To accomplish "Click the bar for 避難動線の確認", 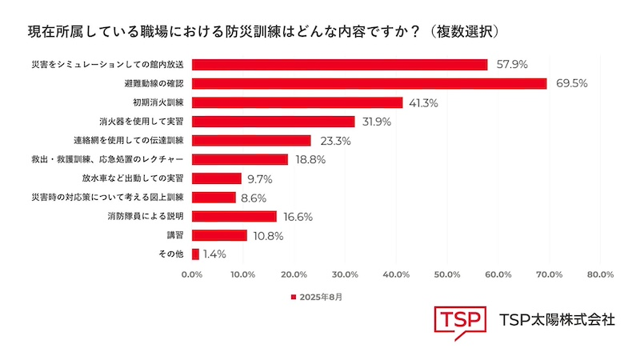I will point(369,83).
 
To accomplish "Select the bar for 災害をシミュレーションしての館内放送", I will point(339,65).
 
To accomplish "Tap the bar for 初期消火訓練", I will point(297,102).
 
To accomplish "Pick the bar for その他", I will point(195,254).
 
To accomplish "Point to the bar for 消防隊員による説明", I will point(234,216).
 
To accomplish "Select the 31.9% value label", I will point(378,122).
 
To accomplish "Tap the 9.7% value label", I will point(261,178).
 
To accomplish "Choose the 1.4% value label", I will point(214,254).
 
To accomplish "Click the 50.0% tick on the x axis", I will point(447,274).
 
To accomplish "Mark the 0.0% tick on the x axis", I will point(192,274).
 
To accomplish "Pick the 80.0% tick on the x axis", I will point(600,274).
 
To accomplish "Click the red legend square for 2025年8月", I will point(293,298).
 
